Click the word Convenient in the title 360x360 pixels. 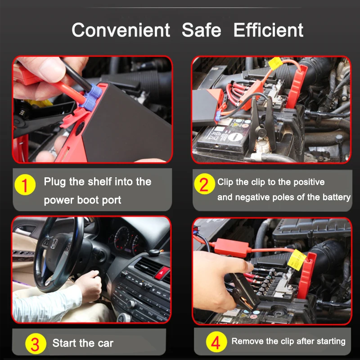[x=121, y=30]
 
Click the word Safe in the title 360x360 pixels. [x=202, y=30]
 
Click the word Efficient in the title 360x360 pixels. [x=268, y=30]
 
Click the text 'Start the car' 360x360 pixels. [x=83, y=343]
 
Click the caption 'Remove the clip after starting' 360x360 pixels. [x=288, y=341]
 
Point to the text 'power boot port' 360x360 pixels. [x=82, y=200]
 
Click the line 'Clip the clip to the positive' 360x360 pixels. [x=271, y=182]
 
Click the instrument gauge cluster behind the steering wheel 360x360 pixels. [x=126, y=241]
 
